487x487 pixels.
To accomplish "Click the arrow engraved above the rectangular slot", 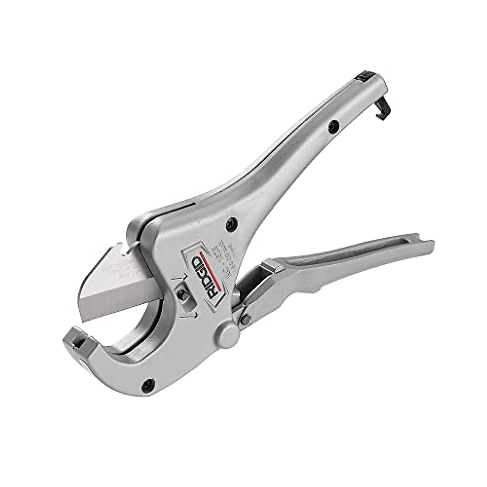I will pyautogui.click(x=179, y=278).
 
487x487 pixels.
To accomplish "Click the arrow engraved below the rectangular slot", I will pyautogui.click(x=194, y=315).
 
